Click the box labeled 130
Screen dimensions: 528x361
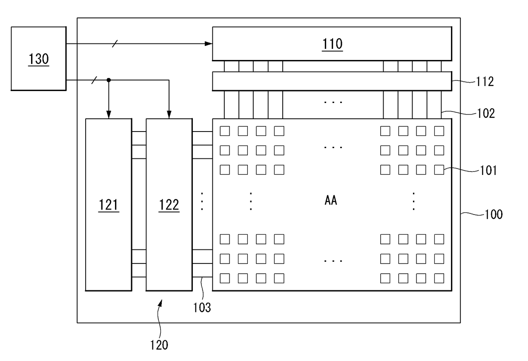point(39,58)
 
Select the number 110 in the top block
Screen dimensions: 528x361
point(332,44)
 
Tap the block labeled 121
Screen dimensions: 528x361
point(109,204)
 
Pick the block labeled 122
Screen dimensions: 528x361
point(169,204)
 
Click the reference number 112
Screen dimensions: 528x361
point(485,82)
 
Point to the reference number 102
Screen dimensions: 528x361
point(486,113)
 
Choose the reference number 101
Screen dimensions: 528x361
point(488,170)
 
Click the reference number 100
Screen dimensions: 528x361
point(494,214)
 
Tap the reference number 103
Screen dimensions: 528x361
point(202,307)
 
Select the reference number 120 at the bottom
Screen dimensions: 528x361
point(159,345)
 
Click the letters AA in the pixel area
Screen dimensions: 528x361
point(331,200)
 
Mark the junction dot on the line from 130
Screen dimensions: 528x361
point(109,80)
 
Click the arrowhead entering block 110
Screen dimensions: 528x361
point(208,43)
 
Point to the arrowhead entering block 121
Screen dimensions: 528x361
point(109,115)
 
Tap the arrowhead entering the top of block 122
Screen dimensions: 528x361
point(169,115)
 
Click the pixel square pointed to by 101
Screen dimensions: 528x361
point(439,170)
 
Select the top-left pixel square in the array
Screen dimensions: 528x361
point(225,131)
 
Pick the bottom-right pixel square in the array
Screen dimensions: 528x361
point(439,278)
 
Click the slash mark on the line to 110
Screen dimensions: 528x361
point(115,43)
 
